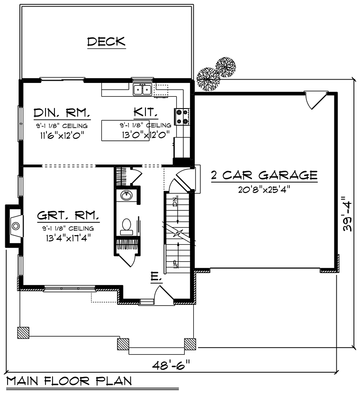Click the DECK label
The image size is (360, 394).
[x=106, y=42]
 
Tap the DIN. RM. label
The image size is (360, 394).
[x=62, y=113]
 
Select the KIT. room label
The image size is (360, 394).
[x=145, y=113]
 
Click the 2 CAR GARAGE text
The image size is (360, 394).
[x=264, y=175]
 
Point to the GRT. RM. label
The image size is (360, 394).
[x=69, y=217]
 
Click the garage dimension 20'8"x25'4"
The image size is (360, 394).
[x=264, y=188]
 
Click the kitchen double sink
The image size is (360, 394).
[x=142, y=88]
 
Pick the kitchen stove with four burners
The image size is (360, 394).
[x=183, y=117]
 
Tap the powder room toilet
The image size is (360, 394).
[x=127, y=226]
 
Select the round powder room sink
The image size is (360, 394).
[x=127, y=195]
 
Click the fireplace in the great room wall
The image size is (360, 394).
[x=15, y=226]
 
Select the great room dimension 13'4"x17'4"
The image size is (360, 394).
[x=69, y=238]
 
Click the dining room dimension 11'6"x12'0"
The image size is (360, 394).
[x=62, y=134]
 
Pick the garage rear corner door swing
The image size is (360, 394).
[x=315, y=101]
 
